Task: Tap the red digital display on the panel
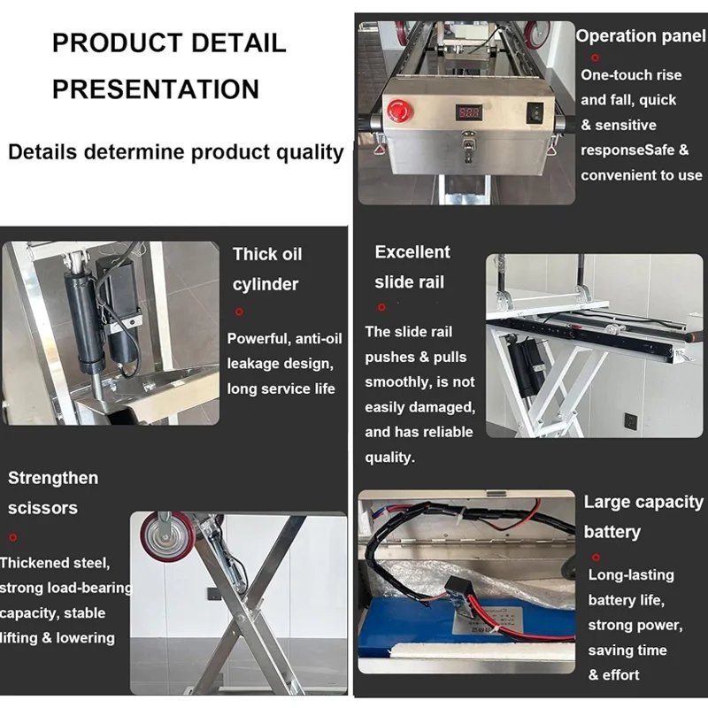click(x=468, y=113)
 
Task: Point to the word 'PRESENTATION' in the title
click(x=156, y=88)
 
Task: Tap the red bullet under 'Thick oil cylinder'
click(x=238, y=312)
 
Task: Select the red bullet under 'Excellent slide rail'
click(x=381, y=306)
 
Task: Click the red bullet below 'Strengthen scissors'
click(x=12, y=536)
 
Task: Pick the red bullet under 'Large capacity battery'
click(x=595, y=557)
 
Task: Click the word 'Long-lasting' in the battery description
click(x=631, y=575)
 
